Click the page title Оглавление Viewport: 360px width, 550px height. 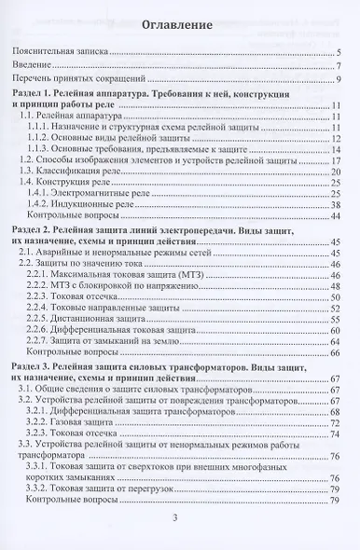click(179, 23)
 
